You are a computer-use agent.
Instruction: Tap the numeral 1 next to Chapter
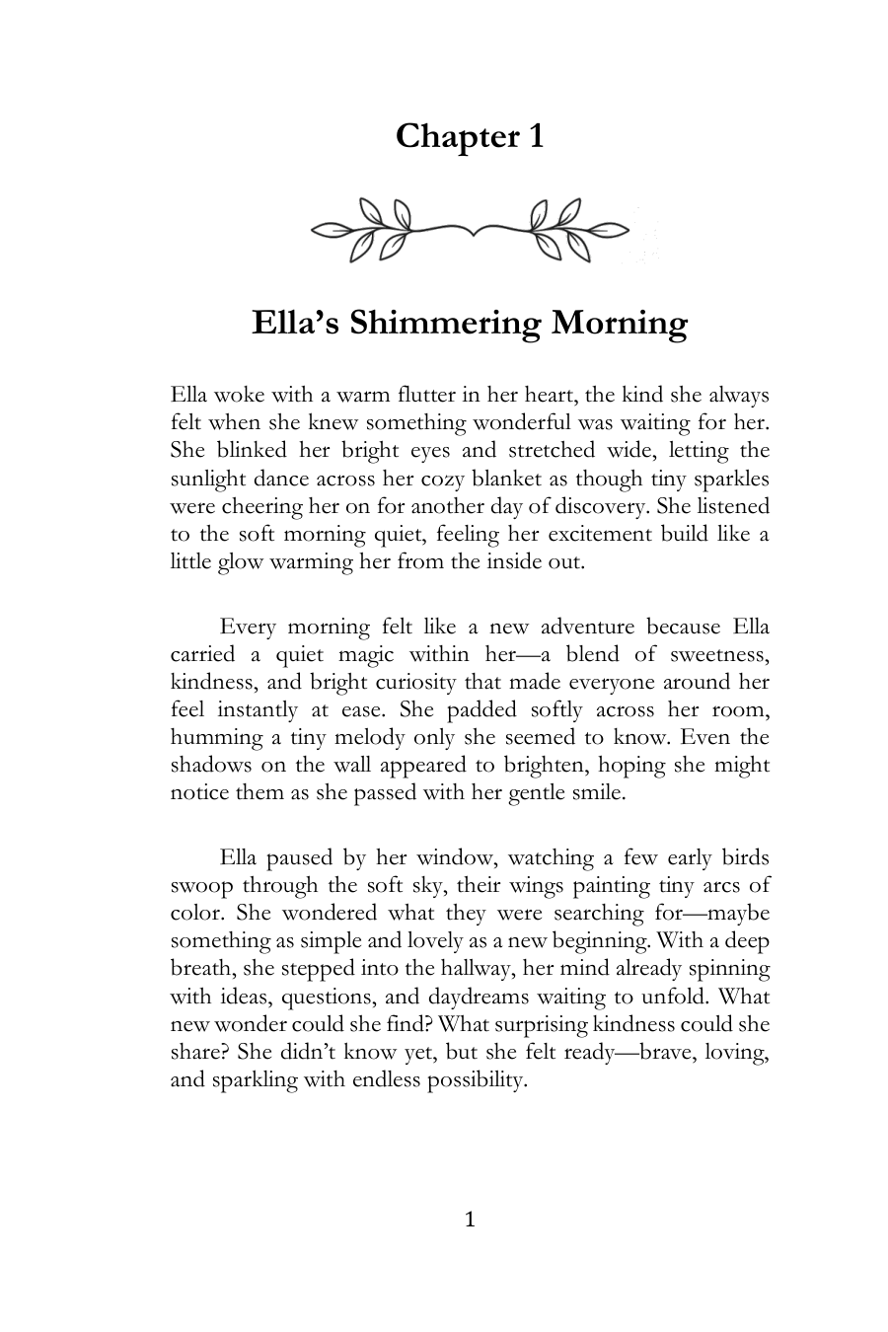point(534,136)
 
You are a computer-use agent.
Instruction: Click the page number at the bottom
point(470,1221)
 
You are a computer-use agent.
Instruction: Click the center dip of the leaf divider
point(471,233)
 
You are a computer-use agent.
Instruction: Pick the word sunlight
point(208,479)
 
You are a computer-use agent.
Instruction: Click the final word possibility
point(477,1079)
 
